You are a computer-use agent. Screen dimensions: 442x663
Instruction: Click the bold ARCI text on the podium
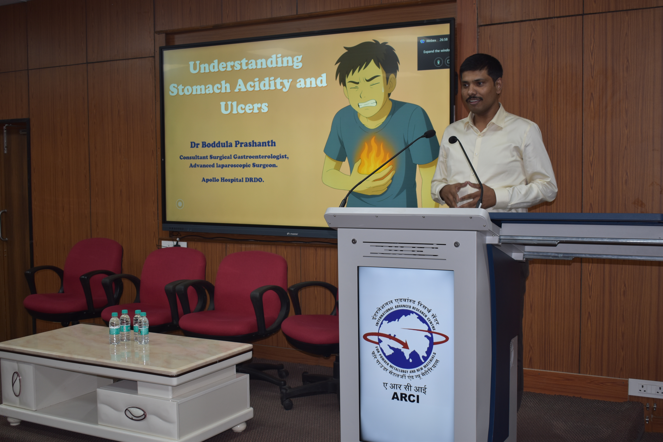(405, 398)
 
